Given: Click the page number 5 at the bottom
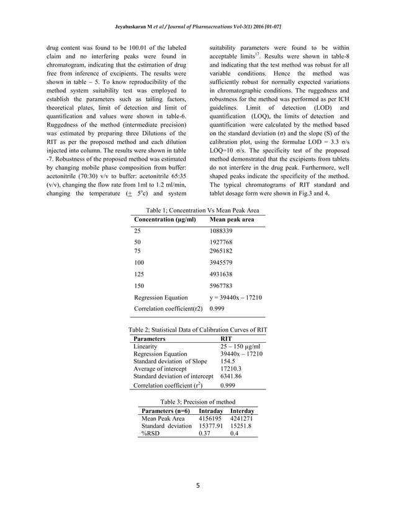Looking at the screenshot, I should [x=198, y=487].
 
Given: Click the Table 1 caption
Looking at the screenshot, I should [x=198, y=211].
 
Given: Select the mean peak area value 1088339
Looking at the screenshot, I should [x=222, y=230].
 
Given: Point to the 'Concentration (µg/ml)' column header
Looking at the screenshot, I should [x=165, y=219].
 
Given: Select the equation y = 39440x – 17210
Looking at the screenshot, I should [x=236, y=297].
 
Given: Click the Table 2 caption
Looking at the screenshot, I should [x=198, y=330].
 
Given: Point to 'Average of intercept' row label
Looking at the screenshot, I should [x=161, y=369].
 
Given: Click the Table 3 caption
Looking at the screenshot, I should [x=198, y=402].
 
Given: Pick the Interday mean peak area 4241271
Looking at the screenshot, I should [x=241, y=419].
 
